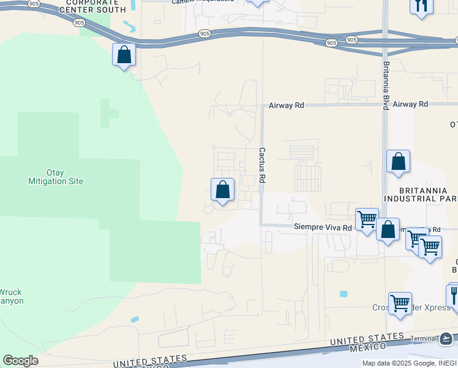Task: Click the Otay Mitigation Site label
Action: (x=56, y=177)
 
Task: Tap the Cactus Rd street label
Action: (x=262, y=165)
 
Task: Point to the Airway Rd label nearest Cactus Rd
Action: (x=287, y=105)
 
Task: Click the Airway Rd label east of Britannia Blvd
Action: (x=410, y=105)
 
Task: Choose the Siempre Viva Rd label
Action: (x=323, y=228)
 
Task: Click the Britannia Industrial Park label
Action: (x=421, y=194)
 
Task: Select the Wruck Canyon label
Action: (x=11, y=296)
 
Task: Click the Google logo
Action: (x=20, y=360)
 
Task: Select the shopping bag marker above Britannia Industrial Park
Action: (x=399, y=162)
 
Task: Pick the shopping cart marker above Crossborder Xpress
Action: (x=400, y=303)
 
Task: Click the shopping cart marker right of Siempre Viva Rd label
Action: (x=367, y=219)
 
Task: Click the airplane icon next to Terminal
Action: (x=446, y=338)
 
